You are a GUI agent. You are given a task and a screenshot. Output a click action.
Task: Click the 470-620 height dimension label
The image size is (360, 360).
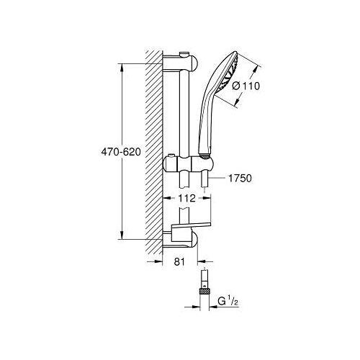click(x=121, y=152)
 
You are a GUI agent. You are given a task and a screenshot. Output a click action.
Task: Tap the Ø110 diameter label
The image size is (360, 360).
click(x=246, y=86)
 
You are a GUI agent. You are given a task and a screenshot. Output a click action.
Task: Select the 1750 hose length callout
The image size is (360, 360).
click(x=240, y=179)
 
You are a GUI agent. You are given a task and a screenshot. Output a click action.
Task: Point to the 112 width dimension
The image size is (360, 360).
click(x=186, y=198)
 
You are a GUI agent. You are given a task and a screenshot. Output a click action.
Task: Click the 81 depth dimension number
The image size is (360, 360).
click(x=179, y=262)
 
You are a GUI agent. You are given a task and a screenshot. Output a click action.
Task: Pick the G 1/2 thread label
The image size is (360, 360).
click(x=228, y=301)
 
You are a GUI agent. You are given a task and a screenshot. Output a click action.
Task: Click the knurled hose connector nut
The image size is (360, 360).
click(x=204, y=292)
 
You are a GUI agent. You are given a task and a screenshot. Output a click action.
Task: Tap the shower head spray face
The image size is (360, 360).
click(x=228, y=73)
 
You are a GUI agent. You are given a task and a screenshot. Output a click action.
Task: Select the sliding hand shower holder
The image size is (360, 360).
click(x=188, y=164)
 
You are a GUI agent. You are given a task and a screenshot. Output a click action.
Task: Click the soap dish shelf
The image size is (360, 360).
click(x=191, y=225)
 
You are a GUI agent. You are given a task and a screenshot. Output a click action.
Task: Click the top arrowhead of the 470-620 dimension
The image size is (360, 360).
click(x=122, y=68)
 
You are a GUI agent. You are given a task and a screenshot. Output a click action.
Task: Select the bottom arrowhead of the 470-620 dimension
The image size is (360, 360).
click(x=122, y=235)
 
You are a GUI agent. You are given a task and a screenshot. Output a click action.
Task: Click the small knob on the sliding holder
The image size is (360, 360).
click(x=171, y=156)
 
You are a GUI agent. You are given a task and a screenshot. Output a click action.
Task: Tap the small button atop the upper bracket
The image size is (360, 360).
click(x=185, y=54)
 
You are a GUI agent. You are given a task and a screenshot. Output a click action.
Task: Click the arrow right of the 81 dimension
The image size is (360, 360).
click(x=205, y=261)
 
